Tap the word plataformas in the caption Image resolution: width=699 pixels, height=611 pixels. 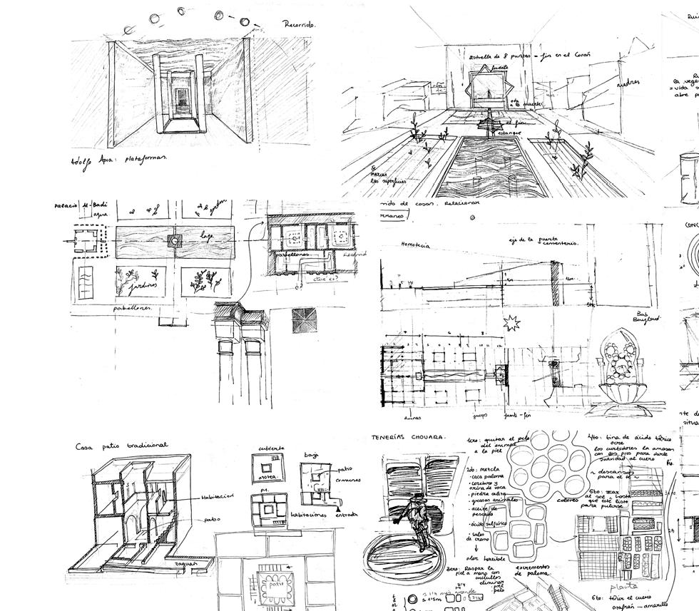pos(140,158)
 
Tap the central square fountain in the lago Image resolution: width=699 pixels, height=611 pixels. pos(173,242)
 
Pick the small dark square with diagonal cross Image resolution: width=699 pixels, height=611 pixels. pos(303,320)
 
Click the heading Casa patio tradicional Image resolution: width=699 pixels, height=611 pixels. pos(121,446)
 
